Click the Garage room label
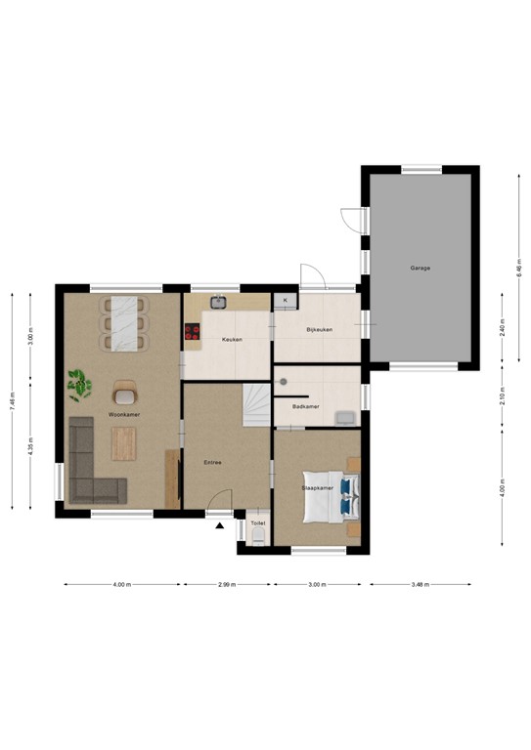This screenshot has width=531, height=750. (420, 268)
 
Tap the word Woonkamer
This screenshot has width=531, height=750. (124, 414)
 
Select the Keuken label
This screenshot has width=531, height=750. (232, 340)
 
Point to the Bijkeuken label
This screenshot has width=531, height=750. (319, 330)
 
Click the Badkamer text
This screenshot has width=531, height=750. (305, 406)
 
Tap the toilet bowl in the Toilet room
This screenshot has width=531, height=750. (257, 534)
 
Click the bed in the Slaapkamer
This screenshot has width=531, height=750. (331, 498)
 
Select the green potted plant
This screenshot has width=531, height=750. (79, 384)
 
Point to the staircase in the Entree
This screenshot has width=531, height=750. (256, 403)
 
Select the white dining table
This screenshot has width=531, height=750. (124, 322)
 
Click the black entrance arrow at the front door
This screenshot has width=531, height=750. (220, 525)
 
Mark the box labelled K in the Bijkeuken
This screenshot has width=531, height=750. (286, 300)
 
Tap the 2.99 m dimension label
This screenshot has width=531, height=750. (227, 585)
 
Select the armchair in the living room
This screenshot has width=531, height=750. (124, 393)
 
